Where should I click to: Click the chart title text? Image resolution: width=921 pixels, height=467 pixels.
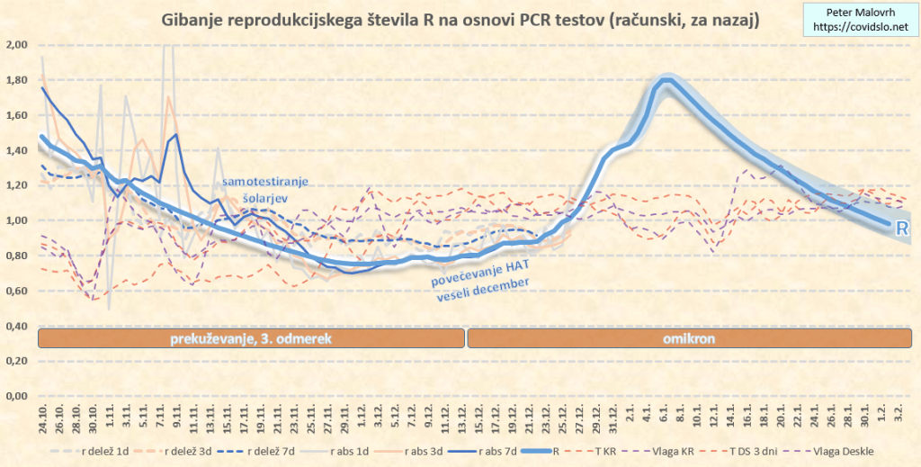pyautogui.click(x=459, y=19)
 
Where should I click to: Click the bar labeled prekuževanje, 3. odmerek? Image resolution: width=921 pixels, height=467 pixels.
pyautogui.click(x=252, y=338)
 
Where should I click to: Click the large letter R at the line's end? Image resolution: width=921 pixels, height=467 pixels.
pyautogui.click(x=902, y=229)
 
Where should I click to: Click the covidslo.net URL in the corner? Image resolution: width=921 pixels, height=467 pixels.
pyautogui.click(x=860, y=28)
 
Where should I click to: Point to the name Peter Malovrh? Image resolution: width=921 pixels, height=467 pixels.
pyautogui.click(x=860, y=13)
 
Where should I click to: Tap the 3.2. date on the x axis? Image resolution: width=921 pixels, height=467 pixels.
pyautogui.click(x=899, y=416)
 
